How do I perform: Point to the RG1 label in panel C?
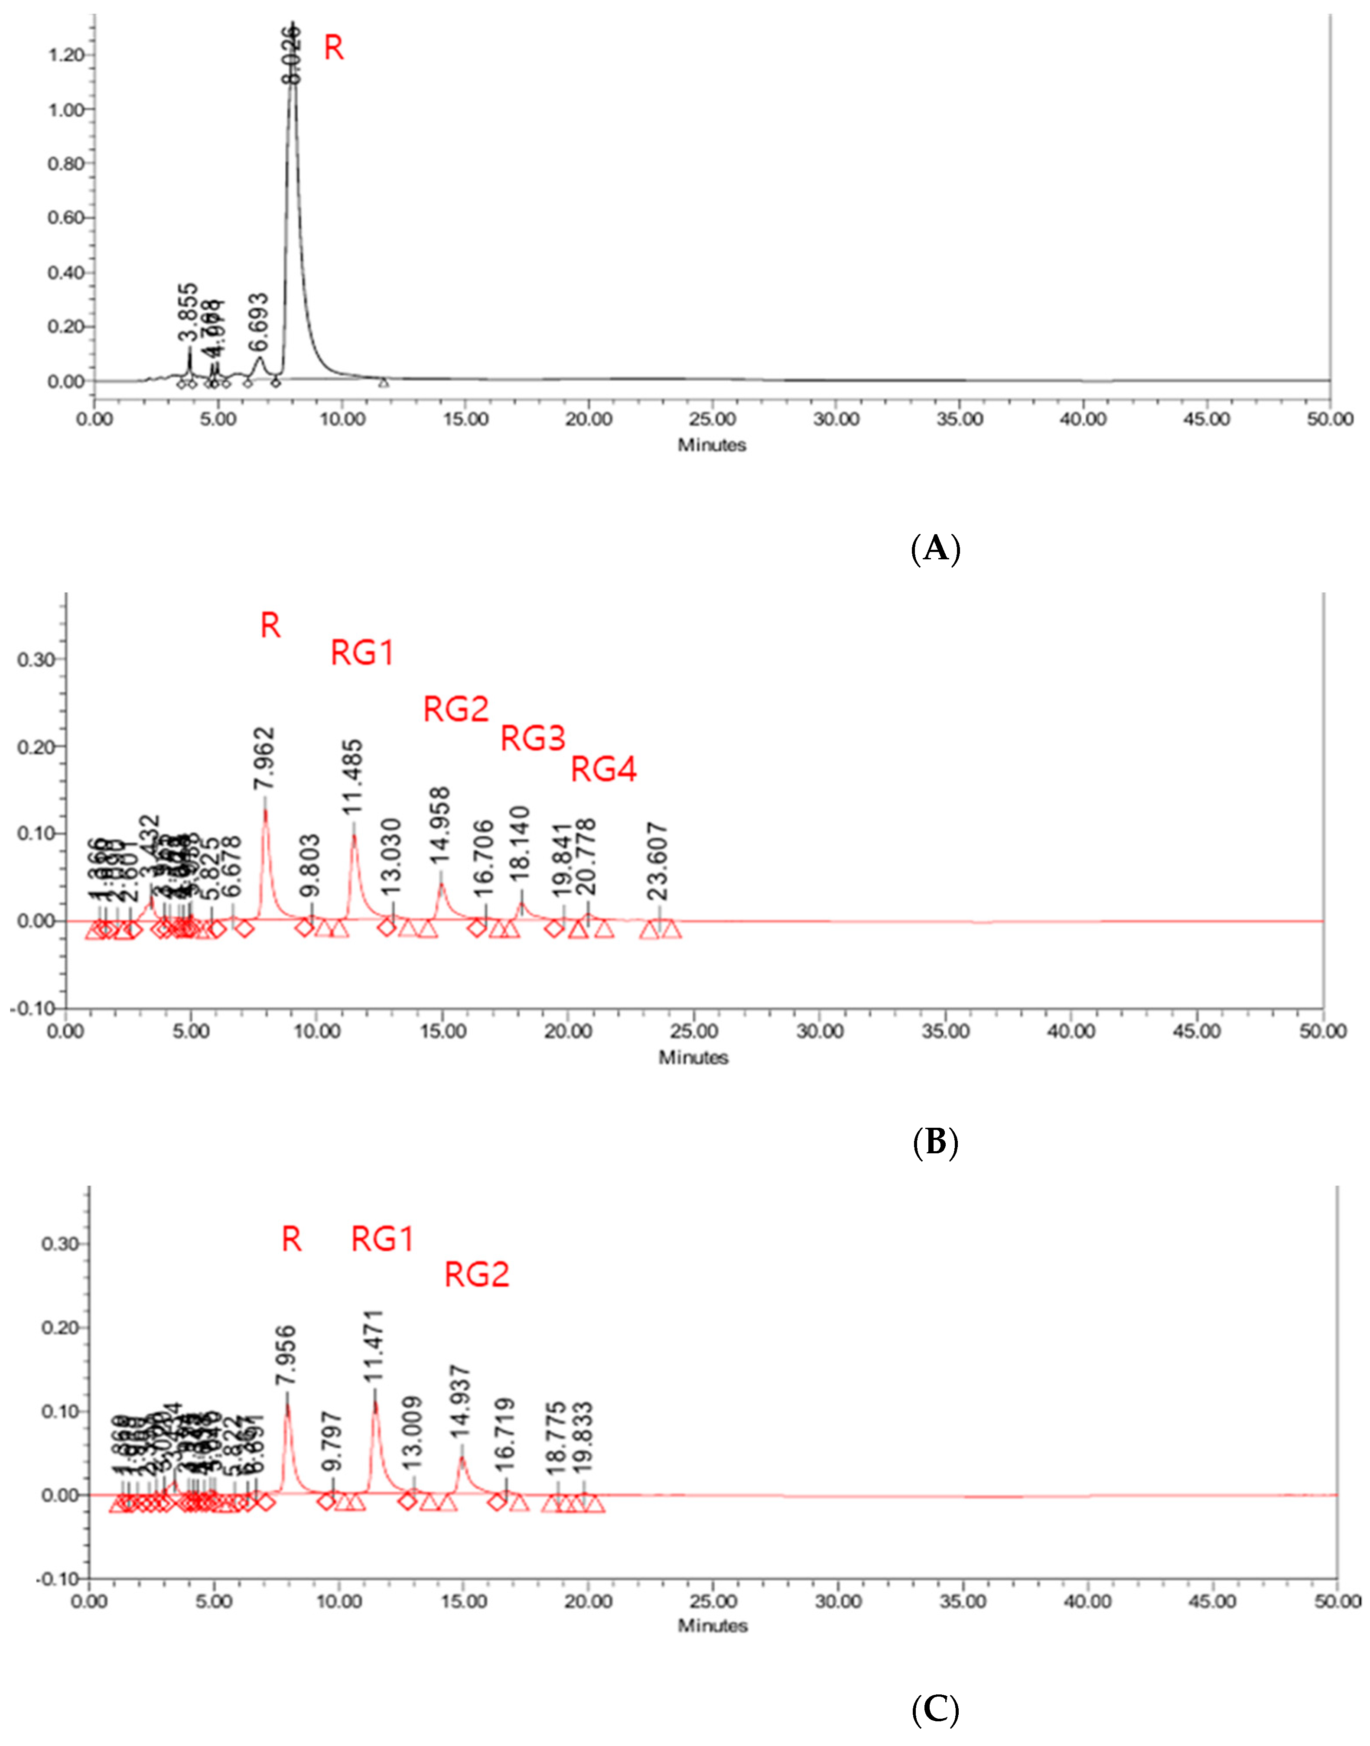tap(383, 1240)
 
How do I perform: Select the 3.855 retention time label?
tap(188, 313)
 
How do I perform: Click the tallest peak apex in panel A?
tap(293, 24)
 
